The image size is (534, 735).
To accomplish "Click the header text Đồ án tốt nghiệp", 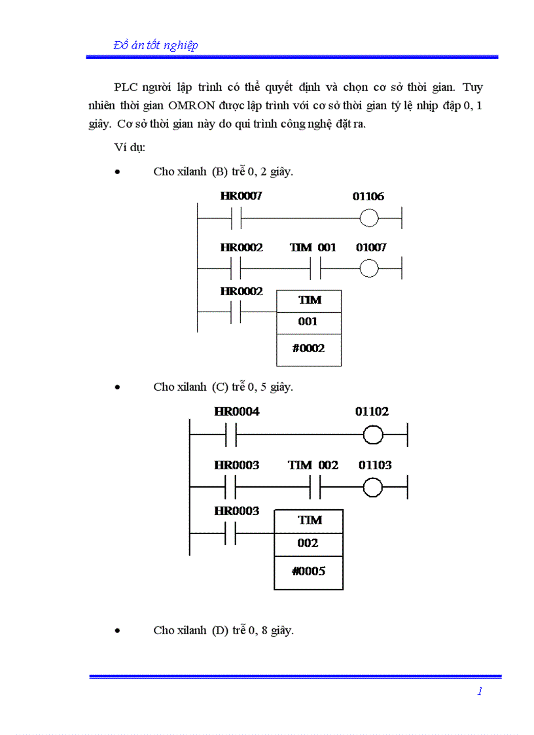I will [x=156, y=45].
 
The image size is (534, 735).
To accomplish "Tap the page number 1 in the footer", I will [x=480, y=692].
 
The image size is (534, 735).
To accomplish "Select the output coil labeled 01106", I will [x=369, y=219].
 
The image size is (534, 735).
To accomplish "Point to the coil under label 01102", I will [x=373, y=435].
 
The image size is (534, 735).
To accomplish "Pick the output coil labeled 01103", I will [x=373, y=488].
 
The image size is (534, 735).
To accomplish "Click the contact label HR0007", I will [x=241, y=196].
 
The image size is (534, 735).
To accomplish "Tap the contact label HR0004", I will [x=236, y=412].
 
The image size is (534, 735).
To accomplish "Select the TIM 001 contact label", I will [x=313, y=247].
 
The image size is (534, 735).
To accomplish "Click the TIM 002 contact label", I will [x=313, y=465].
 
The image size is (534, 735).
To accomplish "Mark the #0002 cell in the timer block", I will [x=309, y=348].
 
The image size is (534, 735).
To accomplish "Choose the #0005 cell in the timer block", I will [x=308, y=571].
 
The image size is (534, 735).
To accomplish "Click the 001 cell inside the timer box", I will [x=308, y=321].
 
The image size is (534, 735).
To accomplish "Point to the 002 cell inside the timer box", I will [x=308, y=543].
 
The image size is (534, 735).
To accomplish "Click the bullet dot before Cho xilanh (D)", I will [x=117, y=631].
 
